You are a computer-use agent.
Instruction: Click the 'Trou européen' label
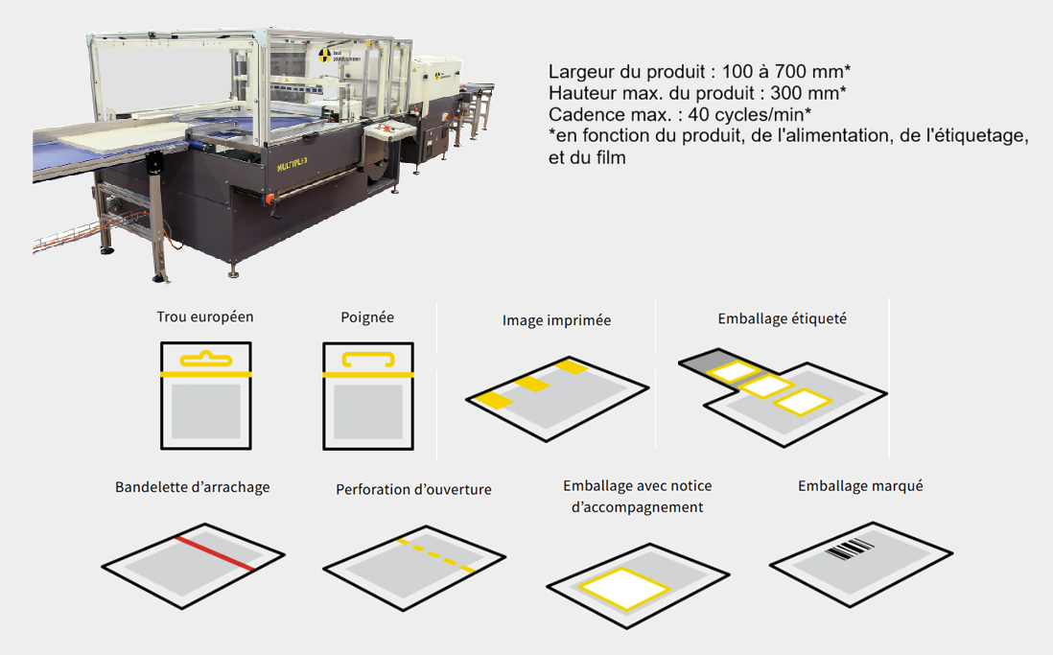(205, 317)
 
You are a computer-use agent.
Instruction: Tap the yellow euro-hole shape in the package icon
(206, 360)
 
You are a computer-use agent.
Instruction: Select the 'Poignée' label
(367, 317)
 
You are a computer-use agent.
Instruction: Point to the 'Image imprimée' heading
(557, 320)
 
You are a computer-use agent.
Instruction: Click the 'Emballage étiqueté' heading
(783, 318)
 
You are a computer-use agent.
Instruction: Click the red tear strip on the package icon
(215, 553)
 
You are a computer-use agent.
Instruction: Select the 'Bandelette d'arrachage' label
(192, 487)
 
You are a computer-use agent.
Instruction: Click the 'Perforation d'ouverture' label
(413, 489)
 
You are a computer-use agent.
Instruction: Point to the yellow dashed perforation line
(436, 555)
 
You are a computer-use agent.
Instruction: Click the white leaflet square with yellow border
(624, 589)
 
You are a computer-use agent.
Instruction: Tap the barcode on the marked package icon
(851, 549)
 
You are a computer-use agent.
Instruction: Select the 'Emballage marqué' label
(860, 485)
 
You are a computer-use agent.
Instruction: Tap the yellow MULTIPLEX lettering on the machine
(292, 164)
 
